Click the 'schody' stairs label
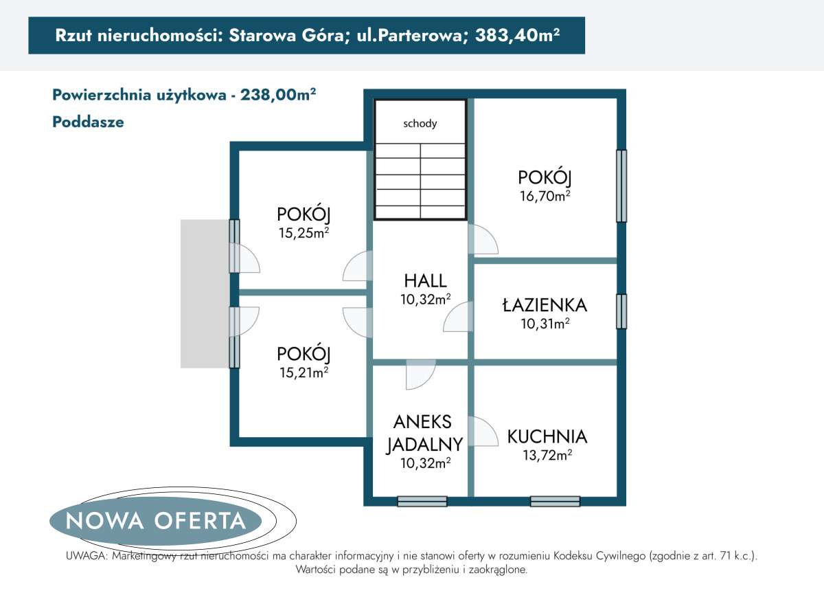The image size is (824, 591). coord(420,124)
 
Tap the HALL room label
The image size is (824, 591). coord(425,280)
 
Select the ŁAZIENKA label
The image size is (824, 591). coord(545,304)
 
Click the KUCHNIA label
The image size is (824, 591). coord(547,436)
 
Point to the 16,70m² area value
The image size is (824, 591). coord(545,196)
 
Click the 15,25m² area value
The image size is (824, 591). coord(304,233)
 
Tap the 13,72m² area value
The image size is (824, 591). coord(547,454)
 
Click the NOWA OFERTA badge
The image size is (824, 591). coord(156,521)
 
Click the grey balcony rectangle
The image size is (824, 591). coord(204,293)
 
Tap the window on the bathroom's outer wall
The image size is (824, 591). coord(621,311)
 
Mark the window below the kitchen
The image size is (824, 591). coord(555,502)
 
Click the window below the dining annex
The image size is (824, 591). coord(422,502)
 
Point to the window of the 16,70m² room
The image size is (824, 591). coord(621,186)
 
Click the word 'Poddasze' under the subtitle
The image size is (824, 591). coord(88,122)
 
